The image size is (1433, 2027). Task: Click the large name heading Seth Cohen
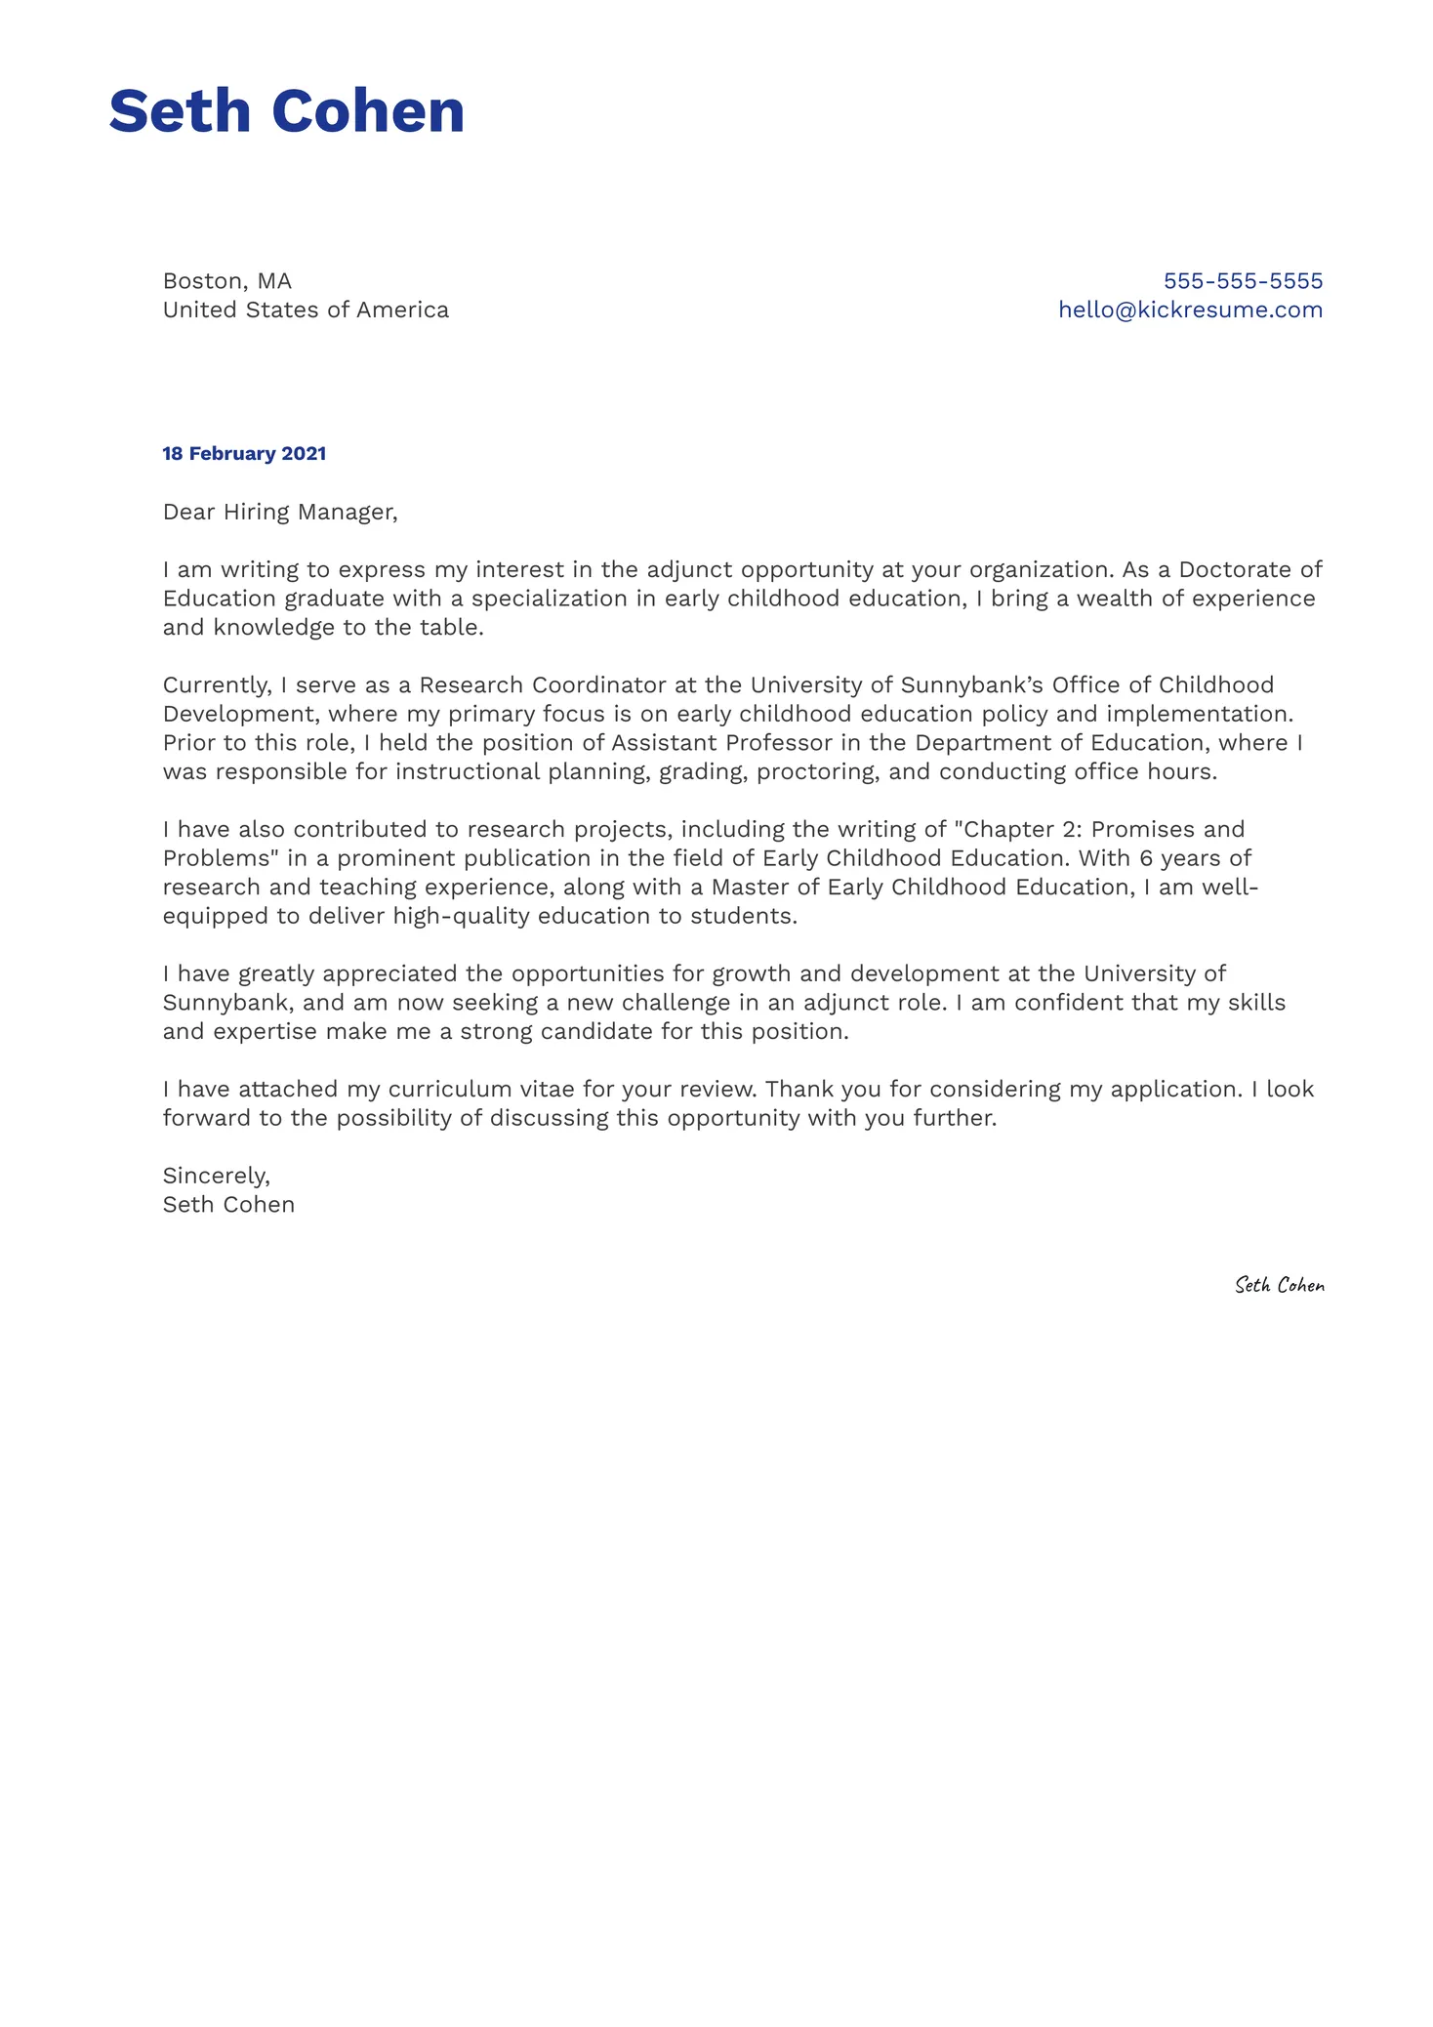point(286,111)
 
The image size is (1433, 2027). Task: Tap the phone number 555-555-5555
point(1243,281)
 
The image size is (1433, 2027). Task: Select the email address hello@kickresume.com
point(1190,310)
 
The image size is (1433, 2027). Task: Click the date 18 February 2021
point(244,454)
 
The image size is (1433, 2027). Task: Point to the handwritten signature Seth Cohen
point(1279,1286)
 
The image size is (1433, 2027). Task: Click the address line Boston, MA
point(227,281)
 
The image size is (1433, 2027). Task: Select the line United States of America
point(306,310)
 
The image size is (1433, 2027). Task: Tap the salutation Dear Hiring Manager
point(280,513)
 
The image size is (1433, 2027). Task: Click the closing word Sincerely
point(216,1176)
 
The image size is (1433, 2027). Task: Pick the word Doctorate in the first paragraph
point(1237,570)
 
